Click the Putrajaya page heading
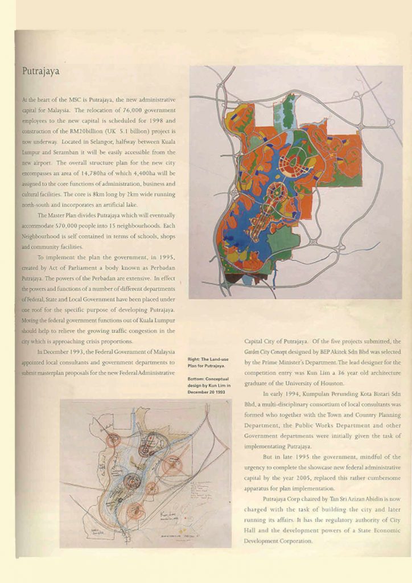tap(40, 72)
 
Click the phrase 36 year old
tap(347, 373)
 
